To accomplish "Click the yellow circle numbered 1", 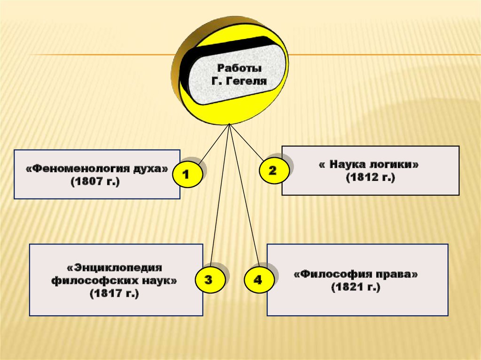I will [186, 175].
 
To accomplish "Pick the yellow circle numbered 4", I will [257, 280].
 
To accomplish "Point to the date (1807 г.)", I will [96, 182].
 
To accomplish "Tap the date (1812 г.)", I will [371, 178].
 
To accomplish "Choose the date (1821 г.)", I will [355, 287].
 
